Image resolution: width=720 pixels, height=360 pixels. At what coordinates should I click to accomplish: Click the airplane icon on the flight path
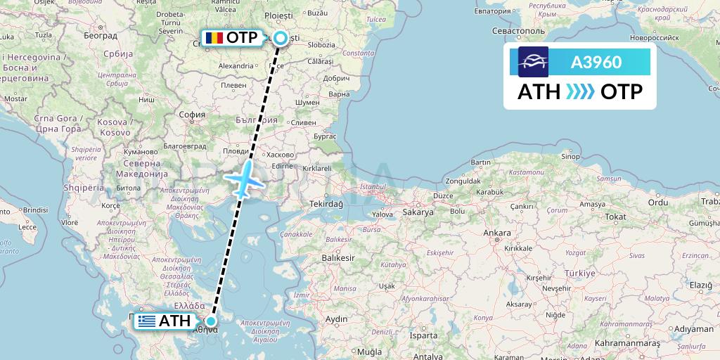coord(243,180)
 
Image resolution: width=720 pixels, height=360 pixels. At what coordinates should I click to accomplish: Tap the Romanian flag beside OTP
coord(213,38)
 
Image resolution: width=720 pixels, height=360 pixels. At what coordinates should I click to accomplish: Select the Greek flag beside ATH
coord(146,321)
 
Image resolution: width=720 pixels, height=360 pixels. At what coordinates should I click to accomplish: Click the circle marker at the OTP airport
coord(281,38)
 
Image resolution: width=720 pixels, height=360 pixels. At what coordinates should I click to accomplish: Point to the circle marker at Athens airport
coord(210,321)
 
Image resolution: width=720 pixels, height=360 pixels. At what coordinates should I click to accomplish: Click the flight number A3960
coord(596,62)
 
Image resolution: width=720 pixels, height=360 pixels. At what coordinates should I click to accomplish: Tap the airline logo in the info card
coord(533,62)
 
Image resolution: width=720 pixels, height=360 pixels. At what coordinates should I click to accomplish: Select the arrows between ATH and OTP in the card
coord(581,92)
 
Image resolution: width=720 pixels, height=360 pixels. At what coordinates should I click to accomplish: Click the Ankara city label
coord(497,233)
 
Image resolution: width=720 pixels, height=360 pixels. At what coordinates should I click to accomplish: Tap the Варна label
coord(339,94)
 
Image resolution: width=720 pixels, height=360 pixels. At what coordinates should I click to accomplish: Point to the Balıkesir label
coord(338,258)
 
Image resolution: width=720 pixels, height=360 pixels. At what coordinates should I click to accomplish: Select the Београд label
coord(100,35)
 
